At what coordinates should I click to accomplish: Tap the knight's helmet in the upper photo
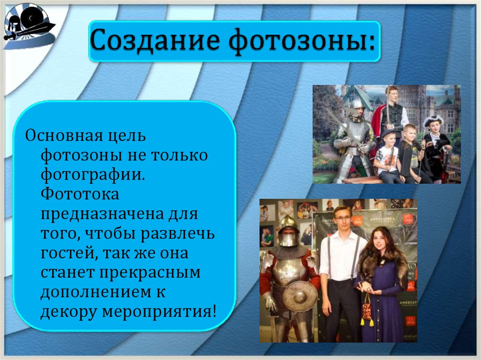click(x=357, y=106)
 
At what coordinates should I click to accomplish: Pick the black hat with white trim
click(x=433, y=121)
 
